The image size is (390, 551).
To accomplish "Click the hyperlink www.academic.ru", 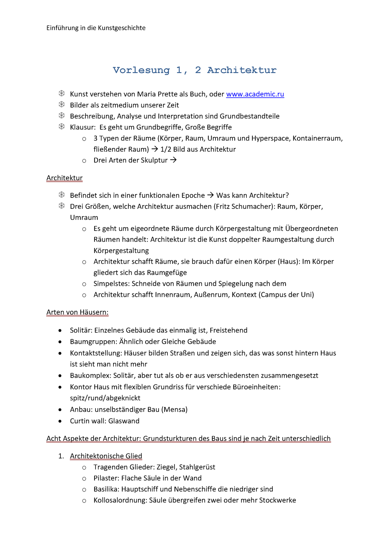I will point(255,94).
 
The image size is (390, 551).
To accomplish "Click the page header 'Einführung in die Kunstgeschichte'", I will point(96,28).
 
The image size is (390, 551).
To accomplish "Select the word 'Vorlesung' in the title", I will point(141,70).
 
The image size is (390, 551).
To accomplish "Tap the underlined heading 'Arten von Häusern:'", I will point(77,312).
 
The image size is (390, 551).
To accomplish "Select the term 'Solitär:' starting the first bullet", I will point(81,330).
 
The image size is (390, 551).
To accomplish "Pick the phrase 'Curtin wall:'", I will point(88,421).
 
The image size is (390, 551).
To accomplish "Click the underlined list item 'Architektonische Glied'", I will point(106,456).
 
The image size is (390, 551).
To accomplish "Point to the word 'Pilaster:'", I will point(106,478).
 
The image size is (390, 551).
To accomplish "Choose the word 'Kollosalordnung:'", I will point(120,500).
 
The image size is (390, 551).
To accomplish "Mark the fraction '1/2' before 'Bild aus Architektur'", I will point(165,149).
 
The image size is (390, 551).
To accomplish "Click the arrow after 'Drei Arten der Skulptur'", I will point(173,160).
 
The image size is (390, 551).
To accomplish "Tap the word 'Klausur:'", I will point(83,127).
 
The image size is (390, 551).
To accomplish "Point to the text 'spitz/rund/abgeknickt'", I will point(105,398).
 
